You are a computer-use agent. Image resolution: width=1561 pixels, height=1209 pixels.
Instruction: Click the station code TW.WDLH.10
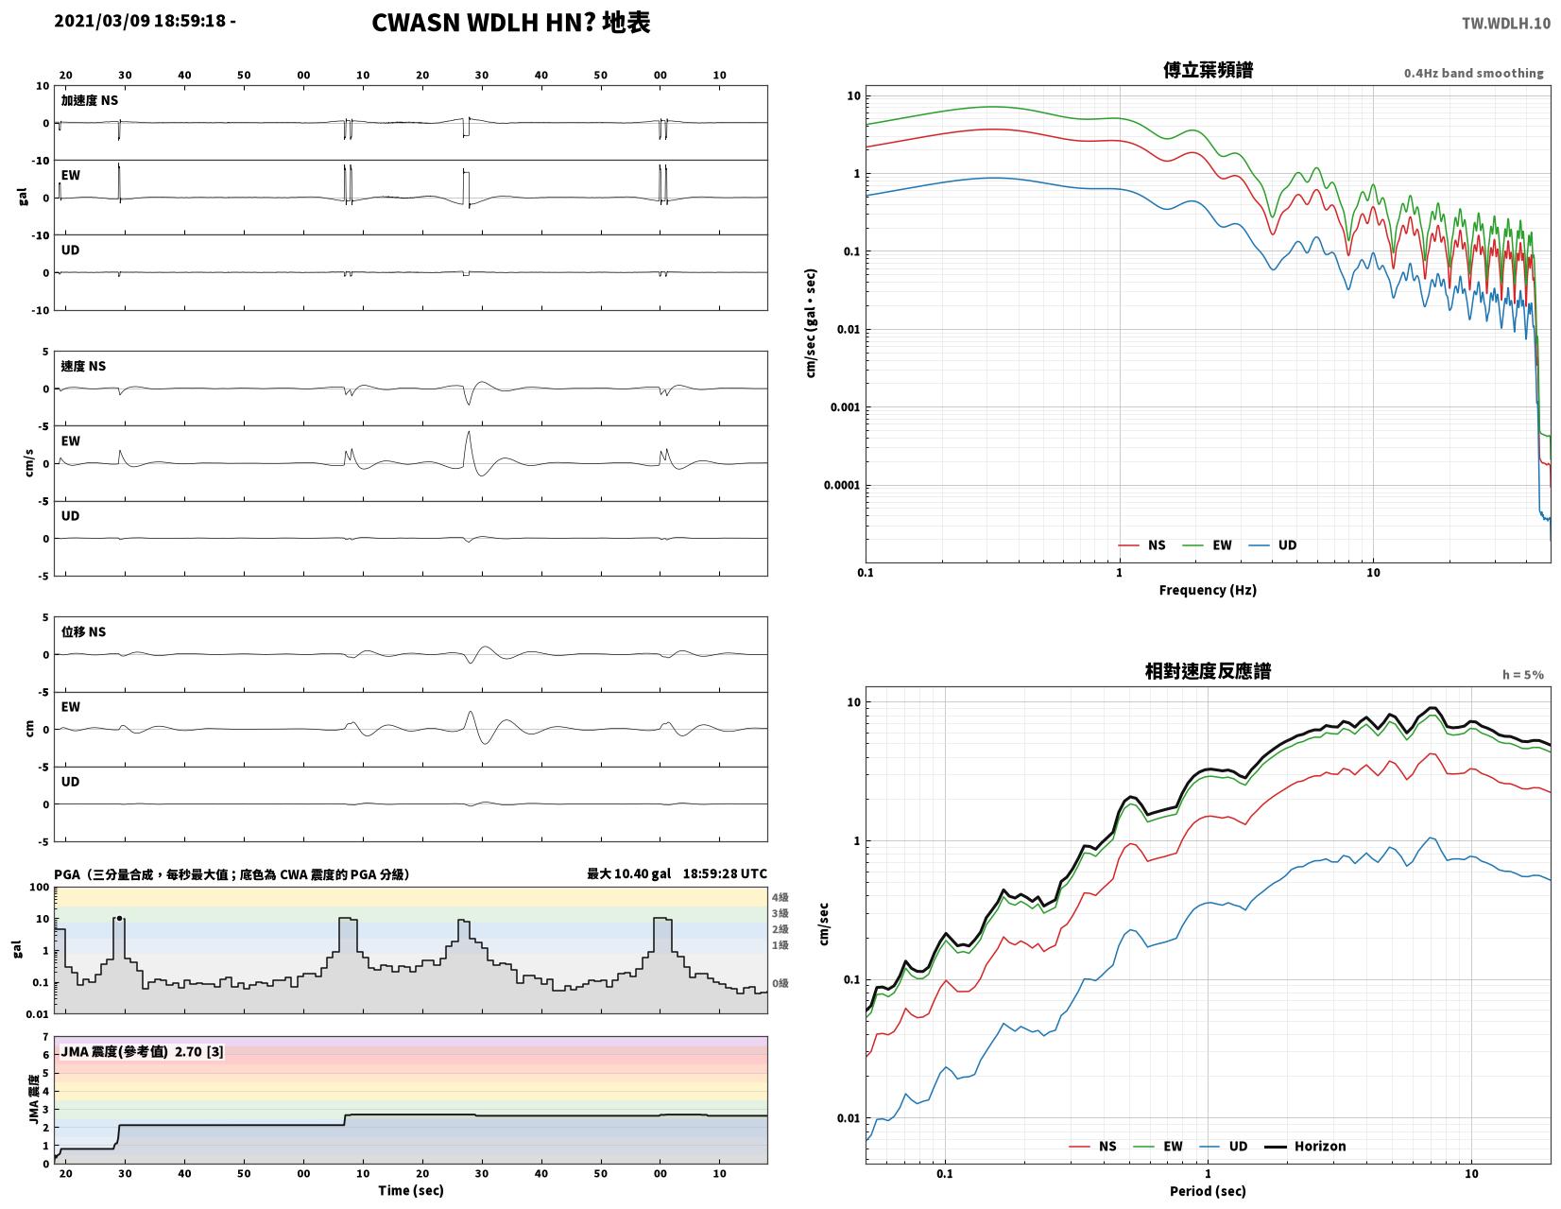pyautogui.click(x=1505, y=23)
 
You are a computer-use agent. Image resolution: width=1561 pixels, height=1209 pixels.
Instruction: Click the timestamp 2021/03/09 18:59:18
pyautogui.click(x=140, y=20)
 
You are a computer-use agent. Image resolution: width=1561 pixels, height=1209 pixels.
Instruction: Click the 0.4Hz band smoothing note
pyautogui.click(x=1472, y=74)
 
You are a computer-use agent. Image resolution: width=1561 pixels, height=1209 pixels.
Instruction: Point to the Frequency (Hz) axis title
pyautogui.click(x=1207, y=590)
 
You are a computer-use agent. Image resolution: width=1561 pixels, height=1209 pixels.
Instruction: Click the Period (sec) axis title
pyautogui.click(x=1207, y=1191)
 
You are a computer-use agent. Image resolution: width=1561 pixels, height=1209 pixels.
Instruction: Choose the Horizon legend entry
pyautogui.click(x=1304, y=1147)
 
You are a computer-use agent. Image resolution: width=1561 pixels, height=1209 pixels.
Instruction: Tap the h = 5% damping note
pyautogui.click(x=1522, y=675)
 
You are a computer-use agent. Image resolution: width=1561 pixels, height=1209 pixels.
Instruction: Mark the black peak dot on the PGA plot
pyautogui.click(x=119, y=918)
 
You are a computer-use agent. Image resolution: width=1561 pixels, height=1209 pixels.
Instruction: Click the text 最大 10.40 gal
pyautogui.click(x=628, y=873)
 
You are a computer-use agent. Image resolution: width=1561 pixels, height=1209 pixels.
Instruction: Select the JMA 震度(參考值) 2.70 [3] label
pyautogui.click(x=142, y=1052)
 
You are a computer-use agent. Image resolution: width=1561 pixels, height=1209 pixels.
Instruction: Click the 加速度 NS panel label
pyautogui.click(x=89, y=100)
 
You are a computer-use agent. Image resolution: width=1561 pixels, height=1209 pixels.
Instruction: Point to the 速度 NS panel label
pyautogui.click(x=83, y=367)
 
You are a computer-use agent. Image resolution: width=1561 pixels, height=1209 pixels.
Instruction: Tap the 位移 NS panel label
pyautogui.click(x=83, y=631)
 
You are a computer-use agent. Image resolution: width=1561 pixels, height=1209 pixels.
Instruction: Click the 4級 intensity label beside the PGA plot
pyautogui.click(x=780, y=897)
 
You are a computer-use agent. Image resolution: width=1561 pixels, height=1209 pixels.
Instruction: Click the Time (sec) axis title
pyautogui.click(x=411, y=1190)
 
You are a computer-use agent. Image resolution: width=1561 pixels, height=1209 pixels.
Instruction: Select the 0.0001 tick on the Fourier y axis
pyautogui.click(x=841, y=486)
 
